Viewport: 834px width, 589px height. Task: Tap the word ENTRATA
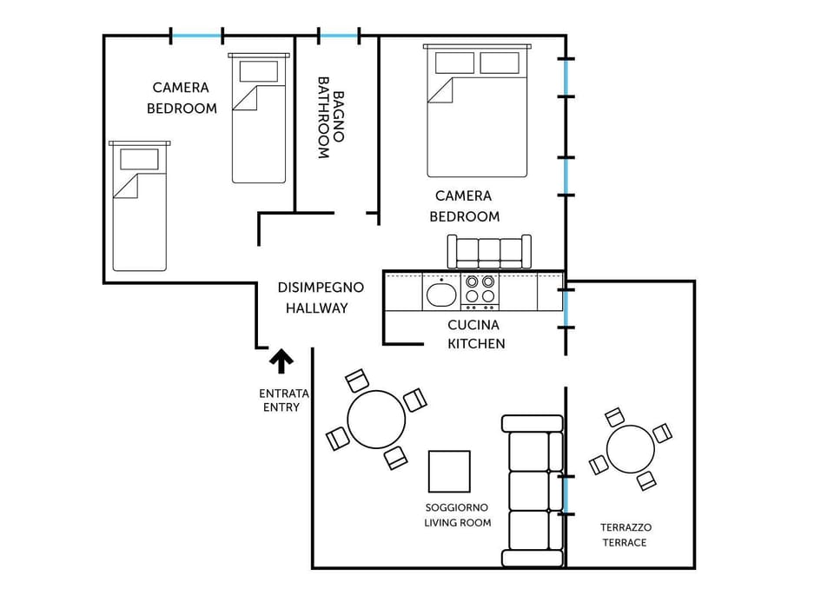284,394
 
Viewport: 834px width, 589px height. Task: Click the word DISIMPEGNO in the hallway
321,288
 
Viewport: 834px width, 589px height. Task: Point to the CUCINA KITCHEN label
474,334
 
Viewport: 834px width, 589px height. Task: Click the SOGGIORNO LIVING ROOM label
457,514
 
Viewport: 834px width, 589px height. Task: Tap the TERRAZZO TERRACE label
625,534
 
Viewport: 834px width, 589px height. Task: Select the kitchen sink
441,294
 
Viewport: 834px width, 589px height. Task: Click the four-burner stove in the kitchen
480,293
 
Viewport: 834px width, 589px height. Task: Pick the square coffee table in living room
449,471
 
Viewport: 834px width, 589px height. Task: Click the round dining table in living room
376,420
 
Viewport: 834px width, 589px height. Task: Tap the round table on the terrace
630,448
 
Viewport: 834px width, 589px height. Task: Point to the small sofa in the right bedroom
488,252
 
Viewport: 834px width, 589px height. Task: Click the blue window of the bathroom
339,36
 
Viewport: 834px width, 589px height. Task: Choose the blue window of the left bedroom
197,36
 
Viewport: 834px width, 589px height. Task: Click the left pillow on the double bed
454,63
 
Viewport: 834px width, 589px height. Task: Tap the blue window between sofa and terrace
566,495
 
